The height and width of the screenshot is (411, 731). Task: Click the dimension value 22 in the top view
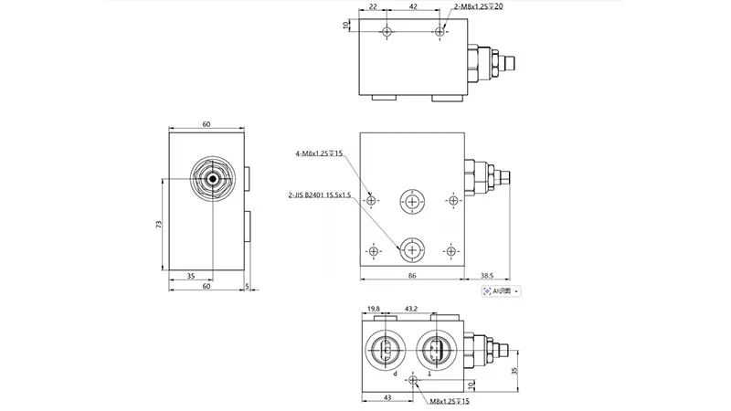coord(372,6)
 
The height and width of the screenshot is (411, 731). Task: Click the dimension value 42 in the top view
coord(414,6)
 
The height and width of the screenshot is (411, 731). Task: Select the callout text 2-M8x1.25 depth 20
coord(480,7)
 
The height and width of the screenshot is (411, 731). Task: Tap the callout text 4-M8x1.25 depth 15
coord(320,153)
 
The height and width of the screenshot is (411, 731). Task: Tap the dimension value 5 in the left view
coord(248,287)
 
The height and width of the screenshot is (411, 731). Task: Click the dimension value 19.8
coord(373,308)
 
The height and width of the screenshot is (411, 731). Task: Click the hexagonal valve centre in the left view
coord(214,178)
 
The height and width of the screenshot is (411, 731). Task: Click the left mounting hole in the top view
coord(387,32)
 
